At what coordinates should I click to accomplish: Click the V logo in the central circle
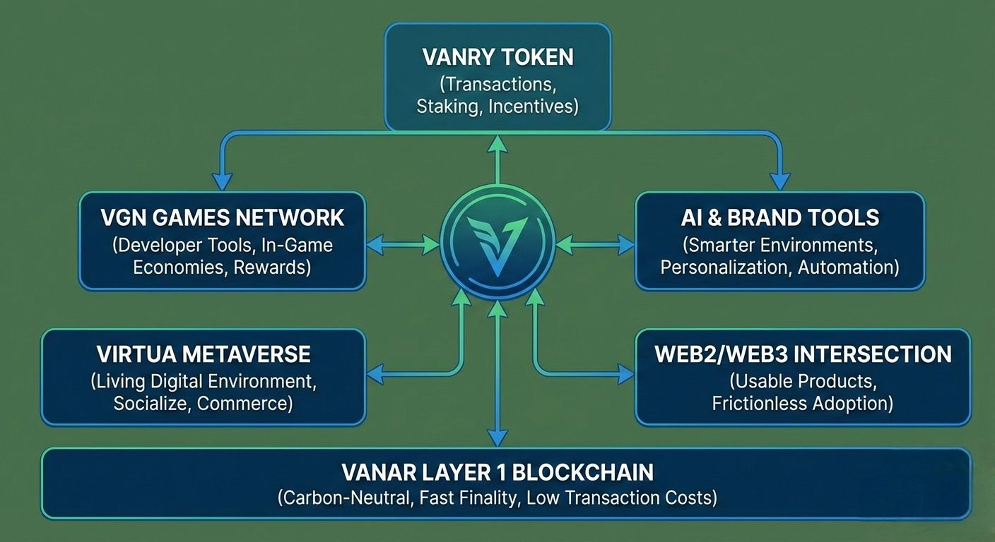tap(497, 244)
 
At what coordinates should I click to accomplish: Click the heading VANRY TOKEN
tap(497, 56)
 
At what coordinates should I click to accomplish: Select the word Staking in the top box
tap(444, 107)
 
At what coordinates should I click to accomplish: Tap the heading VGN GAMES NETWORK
tap(222, 217)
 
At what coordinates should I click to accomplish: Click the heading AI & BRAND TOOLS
tap(780, 217)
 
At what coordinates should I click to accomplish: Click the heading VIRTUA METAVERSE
tap(204, 354)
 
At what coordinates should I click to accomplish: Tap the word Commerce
tap(244, 404)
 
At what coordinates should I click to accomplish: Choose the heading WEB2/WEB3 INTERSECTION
tap(803, 354)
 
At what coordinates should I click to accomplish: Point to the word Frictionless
tap(759, 404)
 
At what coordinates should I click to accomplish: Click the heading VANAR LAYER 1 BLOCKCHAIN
tap(497, 471)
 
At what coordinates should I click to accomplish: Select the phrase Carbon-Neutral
tap(344, 498)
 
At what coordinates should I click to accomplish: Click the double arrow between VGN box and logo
tap(403, 246)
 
